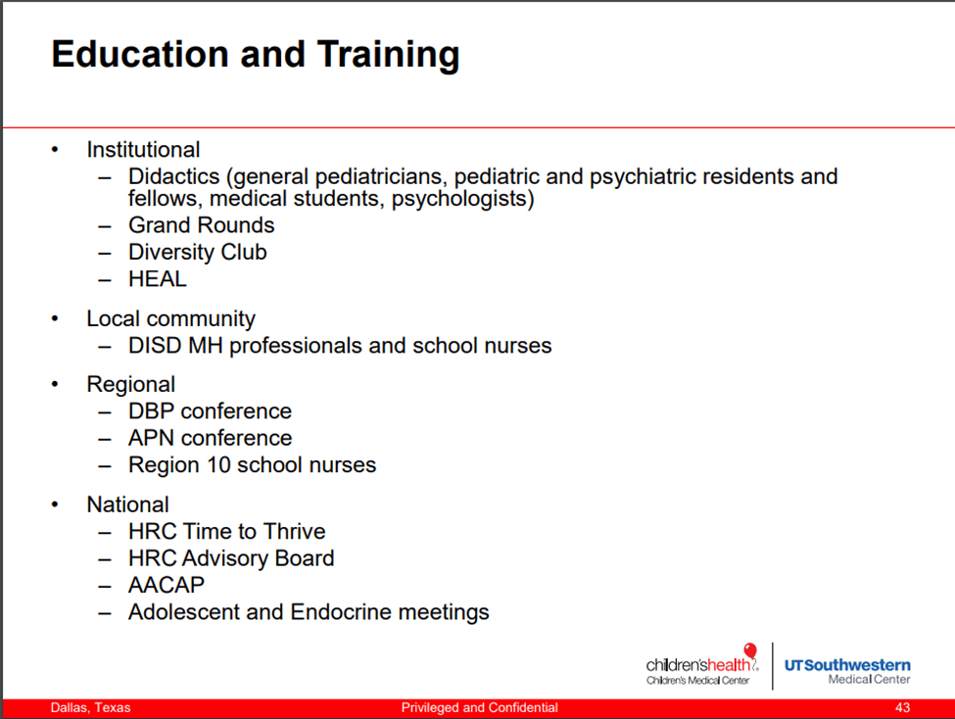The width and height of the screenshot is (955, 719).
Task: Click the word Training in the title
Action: [x=388, y=56]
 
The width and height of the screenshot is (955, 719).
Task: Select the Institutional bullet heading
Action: [x=143, y=149]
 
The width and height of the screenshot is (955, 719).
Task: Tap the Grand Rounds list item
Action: [x=201, y=225]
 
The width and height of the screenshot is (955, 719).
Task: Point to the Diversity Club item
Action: [x=197, y=253]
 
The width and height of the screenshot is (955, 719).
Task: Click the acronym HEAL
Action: [x=157, y=279]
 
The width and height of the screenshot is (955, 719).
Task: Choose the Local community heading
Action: [x=170, y=318]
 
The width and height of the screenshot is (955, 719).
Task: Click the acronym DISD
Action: [x=155, y=346]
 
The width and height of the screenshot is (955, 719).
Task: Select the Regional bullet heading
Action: [x=131, y=385]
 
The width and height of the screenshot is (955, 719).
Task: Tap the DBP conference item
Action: [x=210, y=411]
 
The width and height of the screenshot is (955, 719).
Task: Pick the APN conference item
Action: [x=211, y=438]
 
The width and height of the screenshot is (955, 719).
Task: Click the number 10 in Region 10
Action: [x=218, y=465]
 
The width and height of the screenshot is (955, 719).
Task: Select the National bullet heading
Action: [x=128, y=504]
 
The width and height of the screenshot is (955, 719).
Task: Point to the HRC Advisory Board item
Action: [x=231, y=558]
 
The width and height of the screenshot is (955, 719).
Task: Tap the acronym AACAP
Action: [x=167, y=585]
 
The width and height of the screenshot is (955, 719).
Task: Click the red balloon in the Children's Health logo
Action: [x=750, y=650]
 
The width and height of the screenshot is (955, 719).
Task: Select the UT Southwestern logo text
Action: [x=847, y=671]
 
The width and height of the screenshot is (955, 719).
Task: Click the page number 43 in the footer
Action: [x=903, y=707]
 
